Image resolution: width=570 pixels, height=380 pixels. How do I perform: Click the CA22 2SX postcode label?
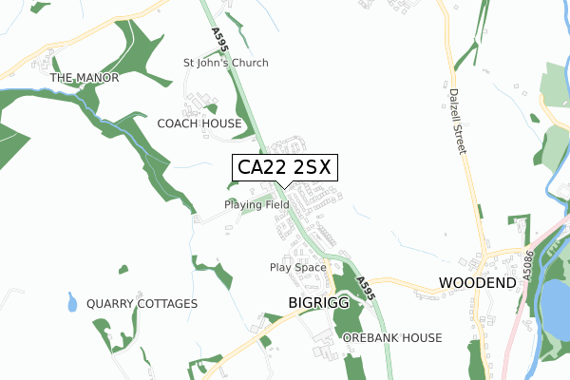(x=283, y=168)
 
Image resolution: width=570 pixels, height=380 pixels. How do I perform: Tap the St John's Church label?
(x=226, y=63)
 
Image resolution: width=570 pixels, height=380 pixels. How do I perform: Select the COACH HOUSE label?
(x=199, y=123)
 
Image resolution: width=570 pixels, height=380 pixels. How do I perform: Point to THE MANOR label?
(x=85, y=78)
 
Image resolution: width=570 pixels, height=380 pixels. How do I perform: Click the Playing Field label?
(x=256, y=204)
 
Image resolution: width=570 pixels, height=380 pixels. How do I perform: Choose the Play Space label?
(x=298, y=268)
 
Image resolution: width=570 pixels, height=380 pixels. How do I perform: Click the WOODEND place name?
(x=476, y=283)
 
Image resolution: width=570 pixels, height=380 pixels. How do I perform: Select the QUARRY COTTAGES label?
(x=142, y=304)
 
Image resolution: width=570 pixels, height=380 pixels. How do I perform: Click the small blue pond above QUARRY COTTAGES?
(x=73, y=304)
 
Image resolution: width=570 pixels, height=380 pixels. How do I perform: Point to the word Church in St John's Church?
(x=248, y=63)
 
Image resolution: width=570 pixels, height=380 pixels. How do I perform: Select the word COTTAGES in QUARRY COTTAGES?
(x=167, y=304)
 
